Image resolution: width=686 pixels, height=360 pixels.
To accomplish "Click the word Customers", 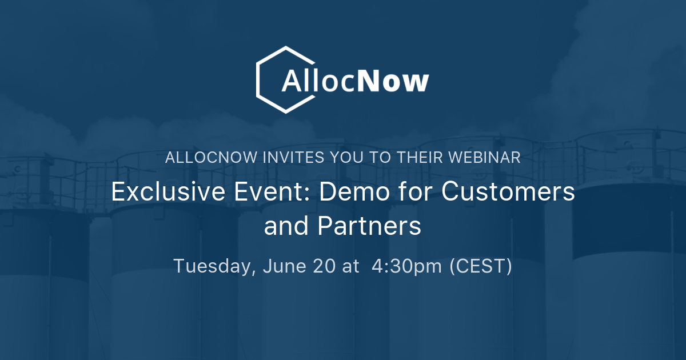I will pyautogui.click(x=508, y=192).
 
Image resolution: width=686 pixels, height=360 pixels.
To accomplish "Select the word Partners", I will pyautogui.click(x=369, y=226).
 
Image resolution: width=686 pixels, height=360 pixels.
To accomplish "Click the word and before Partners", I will pyautogui.click(x=285, y=226).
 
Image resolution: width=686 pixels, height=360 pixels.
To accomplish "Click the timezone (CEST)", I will pyautogui.click(x=481, y=266).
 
